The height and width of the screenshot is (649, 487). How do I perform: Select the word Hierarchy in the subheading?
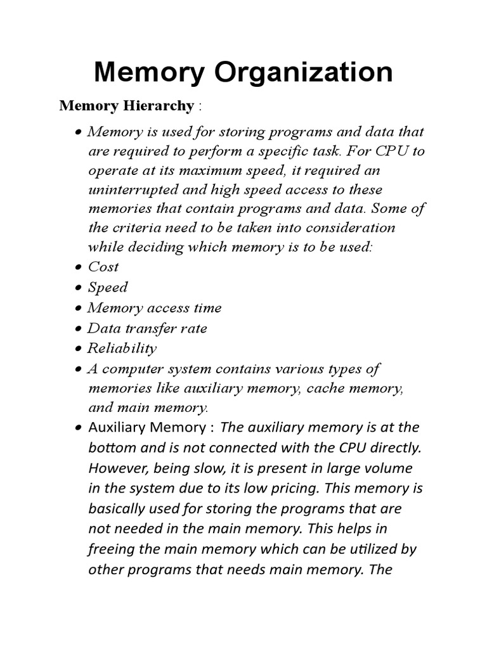click(160, 106)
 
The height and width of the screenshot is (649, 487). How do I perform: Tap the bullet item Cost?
click(103, 267)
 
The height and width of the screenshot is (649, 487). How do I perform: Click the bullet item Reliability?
click(122, 348)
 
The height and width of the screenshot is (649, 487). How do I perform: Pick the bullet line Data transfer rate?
click(147, 328)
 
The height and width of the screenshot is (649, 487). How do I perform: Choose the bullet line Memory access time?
click(155, 307)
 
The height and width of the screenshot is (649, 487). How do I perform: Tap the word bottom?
click(112, 447)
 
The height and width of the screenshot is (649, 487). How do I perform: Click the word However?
click(117, 468)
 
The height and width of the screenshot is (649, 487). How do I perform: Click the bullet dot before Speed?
click(77, 288)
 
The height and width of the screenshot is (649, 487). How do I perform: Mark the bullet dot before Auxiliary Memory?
click(77, 428)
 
